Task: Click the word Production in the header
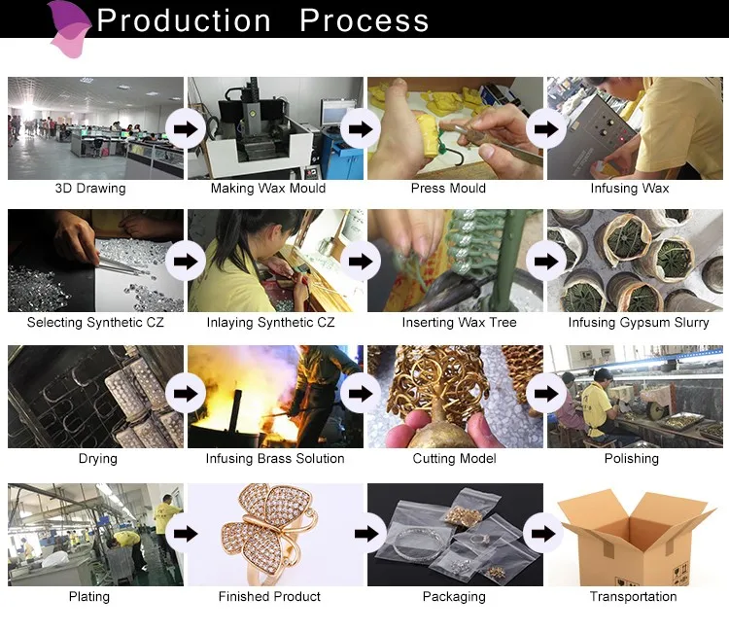[x=184, y=20]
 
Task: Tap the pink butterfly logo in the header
[x=70, y=30]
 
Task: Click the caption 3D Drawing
[x=90, y=189]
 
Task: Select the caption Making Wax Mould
[x=268, y=189]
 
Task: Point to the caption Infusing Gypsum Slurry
[x=639, y=323]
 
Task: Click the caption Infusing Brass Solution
[x=275, y=459]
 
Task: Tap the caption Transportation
[x=633, y=597]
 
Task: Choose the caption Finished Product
[x=269, y=597]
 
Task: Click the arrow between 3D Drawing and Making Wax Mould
[x=186, y=128]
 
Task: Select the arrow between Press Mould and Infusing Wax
[x=546, y=128]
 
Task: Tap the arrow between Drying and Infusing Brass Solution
[x=186, y=394]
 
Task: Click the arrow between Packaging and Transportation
[x=543, y=534]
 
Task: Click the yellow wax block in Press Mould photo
[x=427, y=136]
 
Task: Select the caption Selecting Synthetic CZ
[x=95, y=323]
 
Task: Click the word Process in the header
[x=364, y=20]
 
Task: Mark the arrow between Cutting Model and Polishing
[x=546, y=394]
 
